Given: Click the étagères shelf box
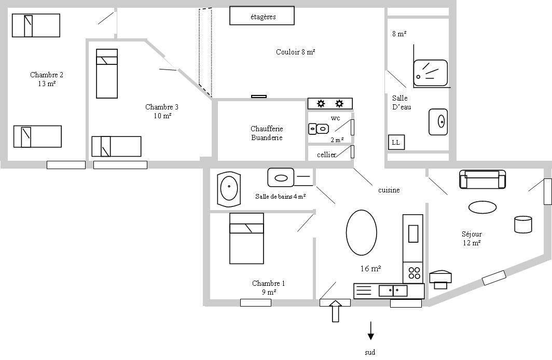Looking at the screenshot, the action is (262, 16).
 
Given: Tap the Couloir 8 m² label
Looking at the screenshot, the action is (295, 52).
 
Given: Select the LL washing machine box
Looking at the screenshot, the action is (396, 142).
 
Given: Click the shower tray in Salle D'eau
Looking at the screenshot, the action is (430, 73).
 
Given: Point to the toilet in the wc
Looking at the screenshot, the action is (319, 129).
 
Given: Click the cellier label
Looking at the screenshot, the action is (326, 155).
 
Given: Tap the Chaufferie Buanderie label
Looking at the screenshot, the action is (267, 133).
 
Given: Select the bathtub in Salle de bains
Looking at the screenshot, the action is (229, 189).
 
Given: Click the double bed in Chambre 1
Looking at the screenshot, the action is (246, 238).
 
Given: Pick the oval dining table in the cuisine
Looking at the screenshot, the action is (361, 232).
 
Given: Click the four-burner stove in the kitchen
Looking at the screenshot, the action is (413, 273).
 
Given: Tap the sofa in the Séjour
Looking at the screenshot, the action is (482, 179).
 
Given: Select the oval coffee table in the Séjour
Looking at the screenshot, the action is (482, 207).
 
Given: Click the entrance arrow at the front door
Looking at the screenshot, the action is (336, 311).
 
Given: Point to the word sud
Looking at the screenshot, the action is (370, 352).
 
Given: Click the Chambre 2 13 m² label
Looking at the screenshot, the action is (47, 79).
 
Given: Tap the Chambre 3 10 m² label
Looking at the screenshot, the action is (162, 111).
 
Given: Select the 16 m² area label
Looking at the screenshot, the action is (370, 269).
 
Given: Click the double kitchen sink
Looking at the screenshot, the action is (393, 290).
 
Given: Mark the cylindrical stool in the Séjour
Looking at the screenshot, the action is (523, 224).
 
